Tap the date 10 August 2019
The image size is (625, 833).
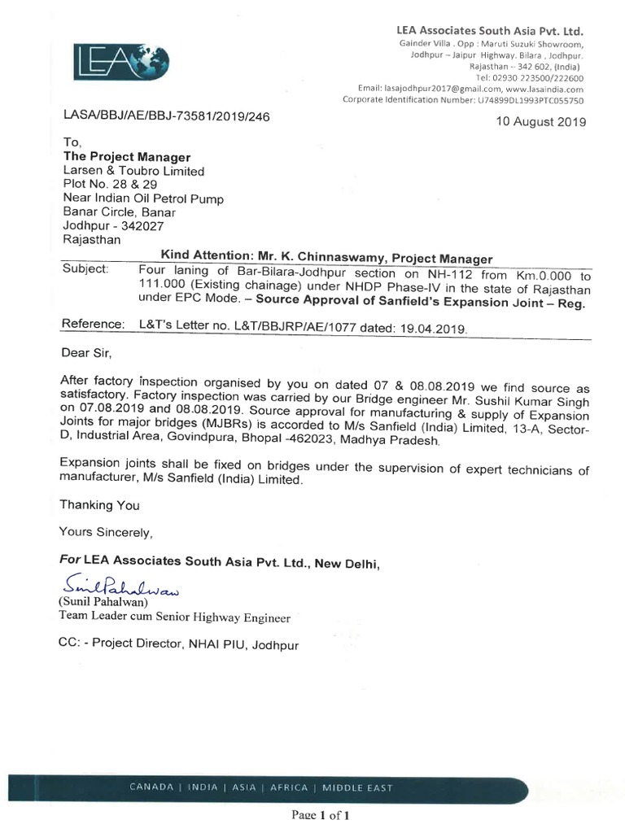540,122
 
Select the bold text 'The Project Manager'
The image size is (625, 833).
127,157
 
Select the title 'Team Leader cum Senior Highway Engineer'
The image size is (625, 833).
174,618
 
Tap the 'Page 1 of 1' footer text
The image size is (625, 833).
322,814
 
